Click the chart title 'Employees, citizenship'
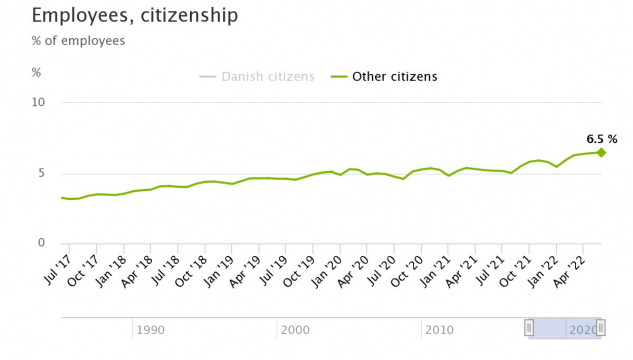(135, 15)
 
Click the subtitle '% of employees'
(78, 41)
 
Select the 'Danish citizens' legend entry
(257, 76)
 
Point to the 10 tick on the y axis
(39, 102)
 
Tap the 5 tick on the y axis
(42, 173)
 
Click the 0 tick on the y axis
(42, 243)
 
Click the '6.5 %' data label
(601, 139)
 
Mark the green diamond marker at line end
(601, 152)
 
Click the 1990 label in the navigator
(150, 329)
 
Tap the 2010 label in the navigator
(439, 329)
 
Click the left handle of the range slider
(529, 327)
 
